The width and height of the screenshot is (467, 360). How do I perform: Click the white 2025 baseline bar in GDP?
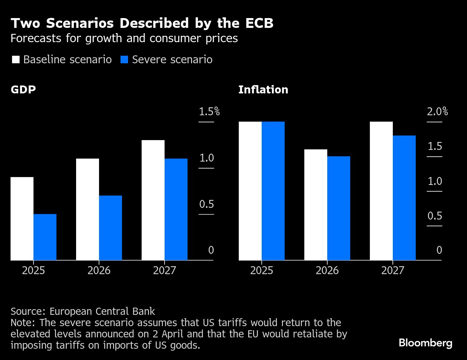pyautogui.click(x=22, y=218)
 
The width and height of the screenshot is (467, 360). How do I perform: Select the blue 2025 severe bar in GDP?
pyautogui.click(x=45, y=237)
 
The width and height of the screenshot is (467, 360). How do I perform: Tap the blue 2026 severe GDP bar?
pyautogui.click(x=110, y=228)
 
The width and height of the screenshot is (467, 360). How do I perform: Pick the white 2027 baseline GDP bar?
pyautogui.click(x=153, y=200)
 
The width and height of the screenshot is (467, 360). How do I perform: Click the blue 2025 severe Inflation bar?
pyautogui.click(x=273, y=191)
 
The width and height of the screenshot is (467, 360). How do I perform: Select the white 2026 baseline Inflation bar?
pyautogui.click(x=316, y=204)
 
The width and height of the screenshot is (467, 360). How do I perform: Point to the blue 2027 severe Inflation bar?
pyautogui.click(x=404, y=198)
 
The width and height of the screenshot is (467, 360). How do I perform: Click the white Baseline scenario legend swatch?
pyautogui.click(x=16, y=59)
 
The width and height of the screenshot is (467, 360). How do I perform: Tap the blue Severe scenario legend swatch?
pyautogui.click(x=124, y=59)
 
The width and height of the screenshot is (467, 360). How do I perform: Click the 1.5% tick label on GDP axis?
pyautogui.click(x=209, y=111)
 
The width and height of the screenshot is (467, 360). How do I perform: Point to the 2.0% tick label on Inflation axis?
pyautogui.click(x=437, y=111)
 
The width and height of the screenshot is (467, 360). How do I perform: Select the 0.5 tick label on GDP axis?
pyautogui.click(x=206, y=204)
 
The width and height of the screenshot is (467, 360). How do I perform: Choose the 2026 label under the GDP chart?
pyautogui.click(x=99, y=270)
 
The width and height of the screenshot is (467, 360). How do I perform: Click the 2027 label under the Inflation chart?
pyautogui.click(x=392, y=270)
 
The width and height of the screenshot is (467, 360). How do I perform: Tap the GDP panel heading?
pyautogui.click(x=23, y=90)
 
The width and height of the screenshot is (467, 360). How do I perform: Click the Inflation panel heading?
pyautogui.click(x=263, y=90)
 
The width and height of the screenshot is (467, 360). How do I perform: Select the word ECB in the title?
pyautogui.click(x=259, y=23)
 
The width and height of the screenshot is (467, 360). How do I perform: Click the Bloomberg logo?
pyautogui.click(x=425, y=343)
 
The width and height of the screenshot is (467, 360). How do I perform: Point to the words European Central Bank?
pyautogui.click(x=102, y=311)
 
